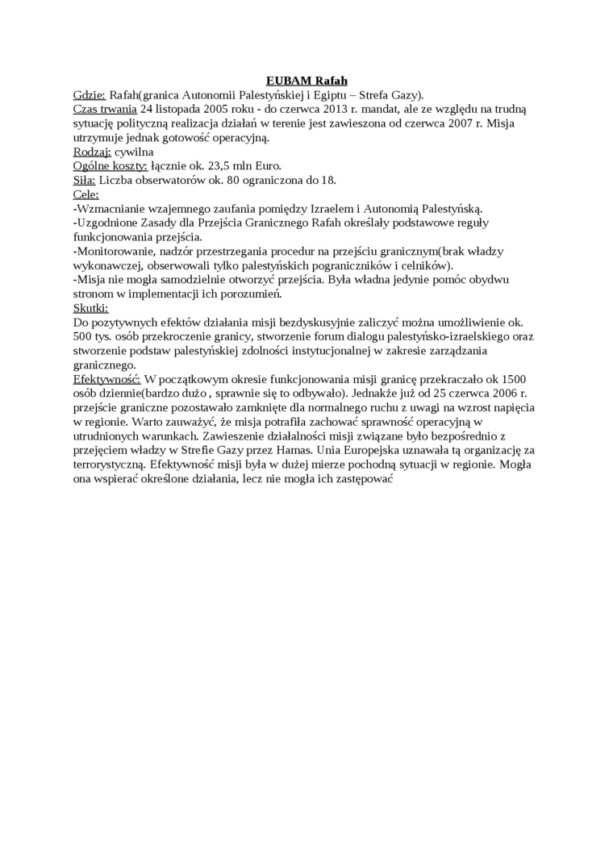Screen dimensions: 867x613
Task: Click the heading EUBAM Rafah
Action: [306, 81]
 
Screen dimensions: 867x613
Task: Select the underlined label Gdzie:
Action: [89, 94]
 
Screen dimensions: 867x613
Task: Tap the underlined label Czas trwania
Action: [105, 109]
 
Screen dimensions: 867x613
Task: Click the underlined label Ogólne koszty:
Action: [110, 166]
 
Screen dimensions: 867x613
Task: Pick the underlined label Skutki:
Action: [90, 308]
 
